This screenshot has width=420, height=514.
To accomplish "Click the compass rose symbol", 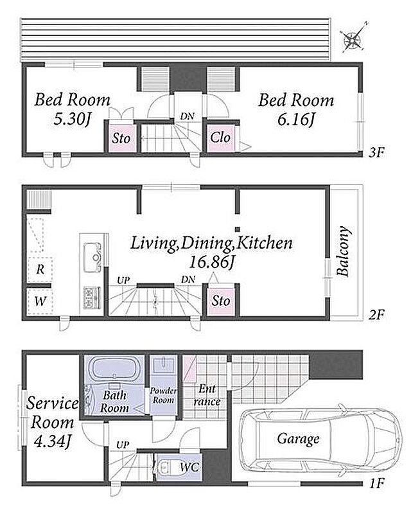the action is [x=353, y=38].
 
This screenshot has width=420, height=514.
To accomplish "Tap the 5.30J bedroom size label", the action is [x=72, y=120].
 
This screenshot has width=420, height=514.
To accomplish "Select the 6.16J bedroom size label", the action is [x=296, y=120].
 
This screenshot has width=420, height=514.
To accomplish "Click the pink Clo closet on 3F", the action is [x=220, y=138].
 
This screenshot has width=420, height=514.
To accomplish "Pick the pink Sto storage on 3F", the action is [x=121, y=138].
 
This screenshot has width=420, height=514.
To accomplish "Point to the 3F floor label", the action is [x=376, y=153].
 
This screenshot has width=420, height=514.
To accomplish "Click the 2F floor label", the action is [x=376, y=315].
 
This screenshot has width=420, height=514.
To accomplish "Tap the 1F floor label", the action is [x=376, y=483].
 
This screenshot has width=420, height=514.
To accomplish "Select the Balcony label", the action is [x=344, y=251].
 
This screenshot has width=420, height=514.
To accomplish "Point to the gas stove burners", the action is [x=92, y=297].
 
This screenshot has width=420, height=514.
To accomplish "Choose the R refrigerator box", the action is [x=40, y=269].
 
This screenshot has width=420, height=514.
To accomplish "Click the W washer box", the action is [x=40, y=301].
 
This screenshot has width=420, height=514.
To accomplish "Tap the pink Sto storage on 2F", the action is [x=220, y=301].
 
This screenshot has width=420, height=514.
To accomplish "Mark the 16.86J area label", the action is [x=212, y=262].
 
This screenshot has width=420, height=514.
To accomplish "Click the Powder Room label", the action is [x=163, y=395].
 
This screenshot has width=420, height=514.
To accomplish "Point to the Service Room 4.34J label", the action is [x=53, y=422].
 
